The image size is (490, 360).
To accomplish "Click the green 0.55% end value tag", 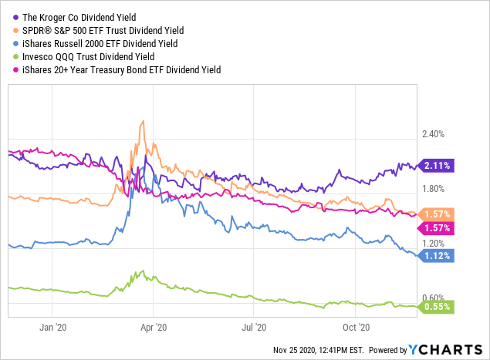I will pos(437,308).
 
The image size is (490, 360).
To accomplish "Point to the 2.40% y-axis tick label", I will pos(434,134).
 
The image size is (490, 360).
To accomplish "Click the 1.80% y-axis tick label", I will pos(434,189).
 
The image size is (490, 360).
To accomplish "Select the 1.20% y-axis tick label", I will pos(434,244).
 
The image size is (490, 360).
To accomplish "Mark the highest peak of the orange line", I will pos(143,121).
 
